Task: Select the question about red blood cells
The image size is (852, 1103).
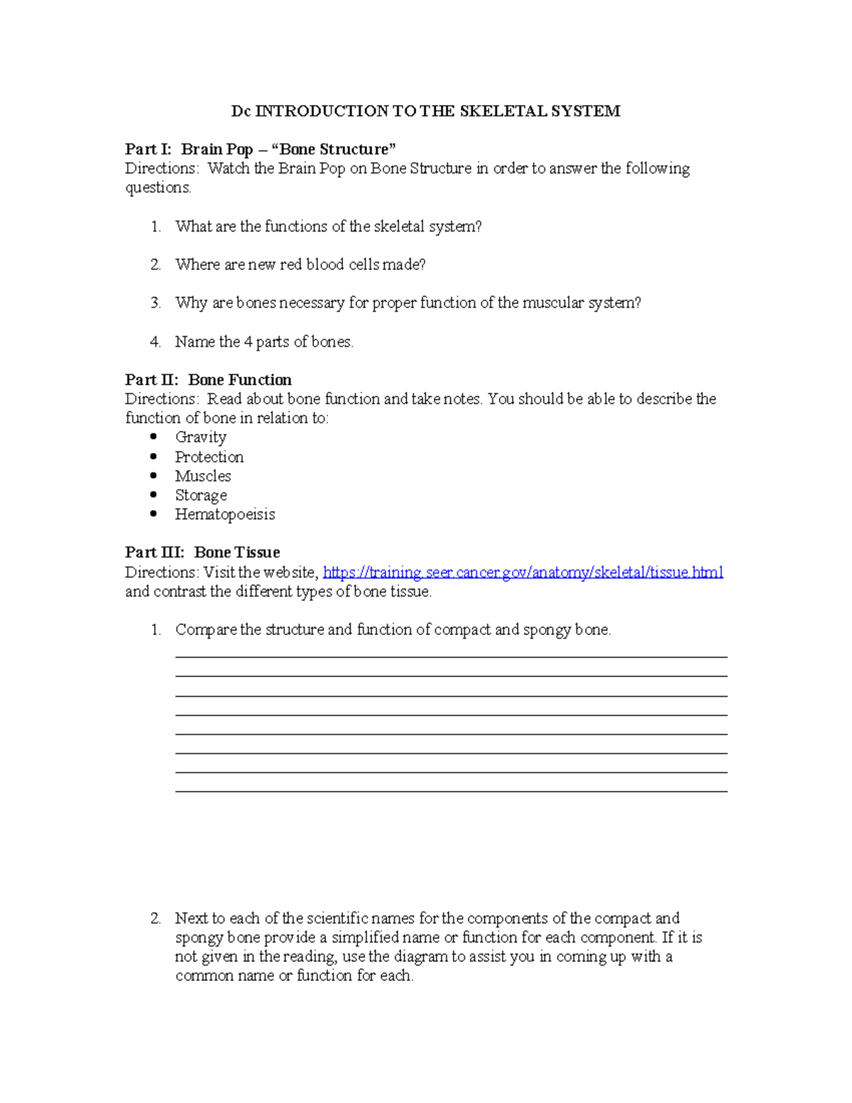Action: tap(300, 265)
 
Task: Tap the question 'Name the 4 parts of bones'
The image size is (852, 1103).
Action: tap(264, 342)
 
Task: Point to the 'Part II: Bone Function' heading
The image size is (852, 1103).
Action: tap(208, 380)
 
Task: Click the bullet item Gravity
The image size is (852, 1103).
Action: tap(201, 438)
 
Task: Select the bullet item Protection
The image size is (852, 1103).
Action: tap(209, 457)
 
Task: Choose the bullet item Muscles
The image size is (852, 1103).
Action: tap(203, 476)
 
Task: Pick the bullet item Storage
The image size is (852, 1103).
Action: tap(201, 495)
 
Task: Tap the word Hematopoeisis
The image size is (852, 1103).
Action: tap(225, 514)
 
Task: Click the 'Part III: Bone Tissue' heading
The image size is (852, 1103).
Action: tap(202, 553)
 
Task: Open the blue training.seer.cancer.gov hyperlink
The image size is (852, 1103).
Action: tap(523, 572)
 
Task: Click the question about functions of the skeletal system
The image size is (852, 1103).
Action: tap(328, 227)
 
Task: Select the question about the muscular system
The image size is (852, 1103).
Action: tap(408, 303)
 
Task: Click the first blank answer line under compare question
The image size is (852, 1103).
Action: tap(451, 656)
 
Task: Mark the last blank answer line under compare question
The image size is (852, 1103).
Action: tap(451, 790)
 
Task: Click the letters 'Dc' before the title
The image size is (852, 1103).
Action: tap(241, 112)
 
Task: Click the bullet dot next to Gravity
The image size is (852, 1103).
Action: tap(154, 437)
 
